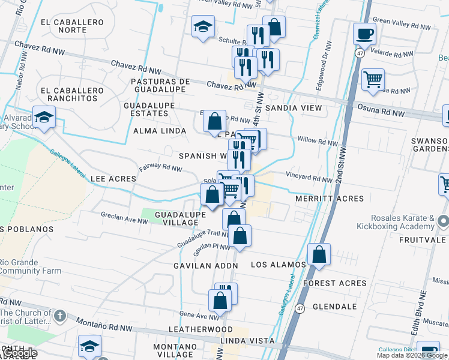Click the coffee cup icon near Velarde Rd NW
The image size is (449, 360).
(364, 34)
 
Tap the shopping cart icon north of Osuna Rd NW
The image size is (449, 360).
(373, 79)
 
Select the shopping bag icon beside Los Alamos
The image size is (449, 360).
(319, 254)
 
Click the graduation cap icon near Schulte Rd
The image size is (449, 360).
(203, 26)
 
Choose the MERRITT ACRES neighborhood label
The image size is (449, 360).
(330, 199)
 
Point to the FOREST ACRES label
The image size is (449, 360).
(335, 283)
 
